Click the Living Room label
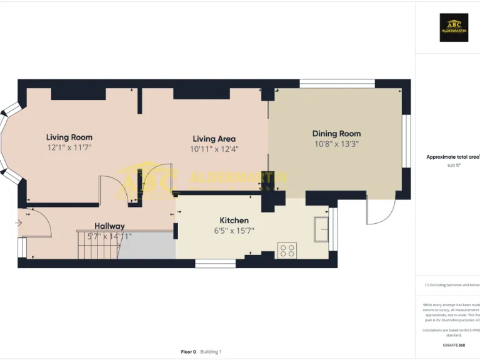[x=69, y=137]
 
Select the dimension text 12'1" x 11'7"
[x=69, y=148]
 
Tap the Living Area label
[x=214, y=139]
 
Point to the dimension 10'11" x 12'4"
[x=214, y=149]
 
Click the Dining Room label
[x=336, y=133]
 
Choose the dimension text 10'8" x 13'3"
[x=336, y=144]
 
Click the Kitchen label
[x=234, y=220]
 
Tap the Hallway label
[x=109, y=226]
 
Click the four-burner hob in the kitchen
[x=287, y=251]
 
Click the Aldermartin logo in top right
[x=454, y=27]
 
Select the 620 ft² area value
[x=454, y=166]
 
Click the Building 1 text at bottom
[x=211, y=352]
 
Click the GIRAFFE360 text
[x=453, y=345]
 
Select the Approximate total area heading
[x=452, y=157]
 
